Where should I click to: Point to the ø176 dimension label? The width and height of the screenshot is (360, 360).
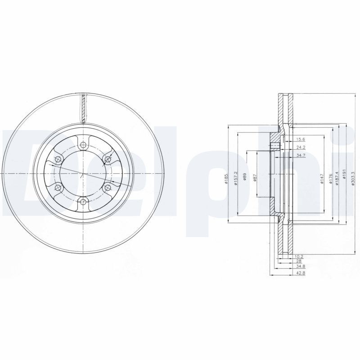coord(330,177)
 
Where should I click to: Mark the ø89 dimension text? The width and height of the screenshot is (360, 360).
coord(244,177)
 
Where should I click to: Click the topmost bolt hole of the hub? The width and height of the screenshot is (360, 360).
coord(83,145)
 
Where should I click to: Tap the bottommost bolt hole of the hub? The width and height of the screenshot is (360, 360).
coord(83,202)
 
